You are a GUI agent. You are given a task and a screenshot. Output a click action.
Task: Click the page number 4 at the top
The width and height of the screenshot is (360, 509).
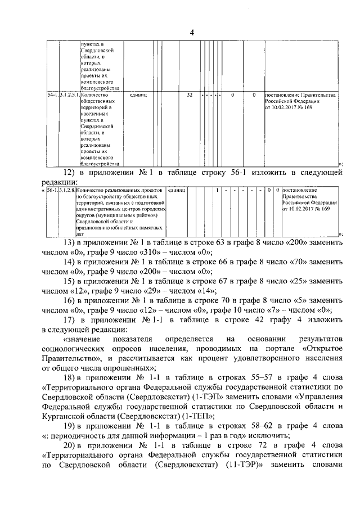click(192, 32)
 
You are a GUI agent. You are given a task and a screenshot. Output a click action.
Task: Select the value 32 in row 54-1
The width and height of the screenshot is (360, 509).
click(190, 95)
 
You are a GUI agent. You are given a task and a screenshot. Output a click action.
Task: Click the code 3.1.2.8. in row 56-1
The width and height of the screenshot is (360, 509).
click(66, 191)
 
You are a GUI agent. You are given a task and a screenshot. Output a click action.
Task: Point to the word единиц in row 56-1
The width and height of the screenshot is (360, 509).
click(177, 191)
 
